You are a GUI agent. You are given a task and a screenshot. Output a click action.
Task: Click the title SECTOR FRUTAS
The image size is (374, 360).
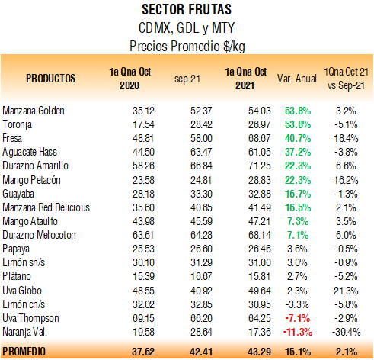click(187, 10)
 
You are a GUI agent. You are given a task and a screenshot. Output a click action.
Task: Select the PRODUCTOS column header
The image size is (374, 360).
click(51, 79)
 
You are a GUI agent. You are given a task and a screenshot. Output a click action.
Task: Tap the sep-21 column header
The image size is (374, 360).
click(187, 79)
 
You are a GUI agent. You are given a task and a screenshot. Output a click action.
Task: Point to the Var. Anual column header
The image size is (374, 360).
click(297, 79)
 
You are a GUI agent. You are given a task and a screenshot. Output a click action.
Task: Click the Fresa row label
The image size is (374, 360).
click(12, 138)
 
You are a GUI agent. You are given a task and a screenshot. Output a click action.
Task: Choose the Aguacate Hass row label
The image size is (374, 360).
click(30, 152)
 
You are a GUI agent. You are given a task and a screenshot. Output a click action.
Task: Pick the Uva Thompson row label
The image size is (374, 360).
click(30, 318)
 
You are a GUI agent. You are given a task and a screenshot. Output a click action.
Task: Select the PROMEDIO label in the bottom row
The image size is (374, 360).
click(24, 352)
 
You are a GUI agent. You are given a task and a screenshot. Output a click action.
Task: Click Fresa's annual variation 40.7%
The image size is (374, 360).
click(298, 138)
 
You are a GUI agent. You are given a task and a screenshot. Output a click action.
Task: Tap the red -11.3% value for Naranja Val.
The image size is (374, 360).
click(298, 332)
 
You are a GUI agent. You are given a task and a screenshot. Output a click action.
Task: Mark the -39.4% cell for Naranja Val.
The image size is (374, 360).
click(347, 332)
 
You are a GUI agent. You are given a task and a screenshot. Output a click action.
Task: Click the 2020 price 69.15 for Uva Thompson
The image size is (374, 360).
click(143, 318)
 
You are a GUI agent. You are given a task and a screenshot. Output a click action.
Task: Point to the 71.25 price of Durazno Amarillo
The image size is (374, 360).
click(260, 166)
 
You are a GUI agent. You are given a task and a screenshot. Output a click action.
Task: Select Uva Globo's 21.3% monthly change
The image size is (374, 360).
click(346, 291)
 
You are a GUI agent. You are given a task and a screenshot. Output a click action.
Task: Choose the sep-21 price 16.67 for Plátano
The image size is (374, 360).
click(201, 276)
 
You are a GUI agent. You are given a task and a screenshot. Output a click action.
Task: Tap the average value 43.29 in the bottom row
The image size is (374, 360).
click(259, 352)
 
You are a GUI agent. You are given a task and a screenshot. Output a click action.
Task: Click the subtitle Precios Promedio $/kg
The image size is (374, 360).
click(187, 47)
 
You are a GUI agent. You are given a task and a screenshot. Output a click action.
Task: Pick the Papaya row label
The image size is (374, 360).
click(16, 249)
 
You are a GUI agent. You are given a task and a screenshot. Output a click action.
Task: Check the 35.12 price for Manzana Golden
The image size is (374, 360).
click(143, 111)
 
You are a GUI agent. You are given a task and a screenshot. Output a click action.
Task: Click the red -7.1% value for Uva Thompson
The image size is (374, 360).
click(298, 318)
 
